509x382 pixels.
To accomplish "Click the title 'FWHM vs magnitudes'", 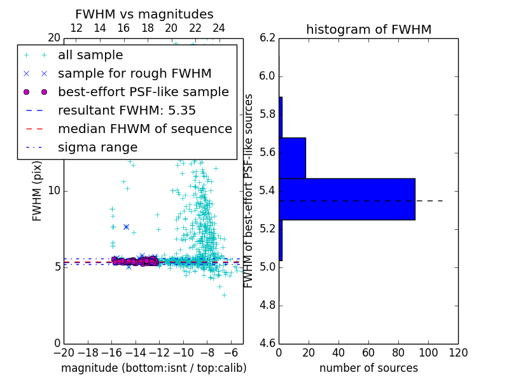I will click(144, 14).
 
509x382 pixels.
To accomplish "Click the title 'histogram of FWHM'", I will click(368, 29).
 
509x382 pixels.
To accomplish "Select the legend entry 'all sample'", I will click(90, 55).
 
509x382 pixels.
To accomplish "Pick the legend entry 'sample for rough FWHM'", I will click(134, 73).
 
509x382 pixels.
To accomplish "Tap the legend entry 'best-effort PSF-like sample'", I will click(143, 92).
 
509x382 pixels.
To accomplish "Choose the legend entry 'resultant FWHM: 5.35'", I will click(127, 110).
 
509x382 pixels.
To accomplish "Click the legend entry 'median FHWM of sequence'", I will click(144, 129).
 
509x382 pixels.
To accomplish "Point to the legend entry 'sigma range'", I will click(97, 147).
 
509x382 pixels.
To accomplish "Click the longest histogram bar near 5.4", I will click(347, 199).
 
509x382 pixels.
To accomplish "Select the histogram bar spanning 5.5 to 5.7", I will click(292, 158).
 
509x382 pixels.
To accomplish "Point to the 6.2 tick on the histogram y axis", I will click(268, 38).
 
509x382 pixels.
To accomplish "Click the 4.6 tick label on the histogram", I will click(268, 343).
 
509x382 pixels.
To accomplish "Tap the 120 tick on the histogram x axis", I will click(458, 351).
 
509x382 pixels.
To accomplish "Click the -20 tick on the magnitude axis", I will click(64, 351).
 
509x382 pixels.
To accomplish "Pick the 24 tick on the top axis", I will click(219, 28).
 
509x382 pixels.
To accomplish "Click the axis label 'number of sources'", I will click(368, 368).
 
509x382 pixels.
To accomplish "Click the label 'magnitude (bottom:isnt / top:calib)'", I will click(153, 368).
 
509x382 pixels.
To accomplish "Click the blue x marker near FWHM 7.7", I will click(126, 227).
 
